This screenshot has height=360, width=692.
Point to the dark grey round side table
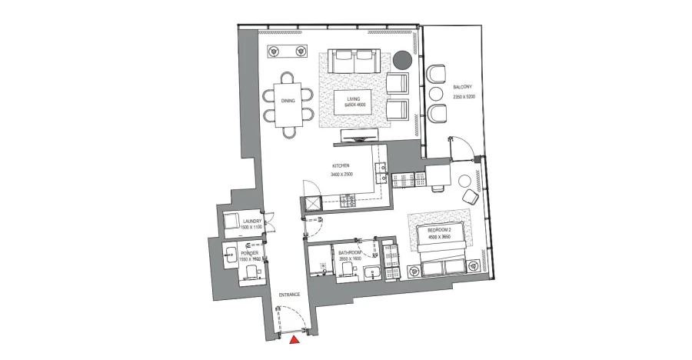(403, 59)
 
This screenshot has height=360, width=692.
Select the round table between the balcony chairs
(435, 94)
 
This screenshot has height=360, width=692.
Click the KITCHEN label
(341, 166)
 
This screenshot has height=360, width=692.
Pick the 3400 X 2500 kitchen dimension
(341, 174)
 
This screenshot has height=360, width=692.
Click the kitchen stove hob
(348, 202)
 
